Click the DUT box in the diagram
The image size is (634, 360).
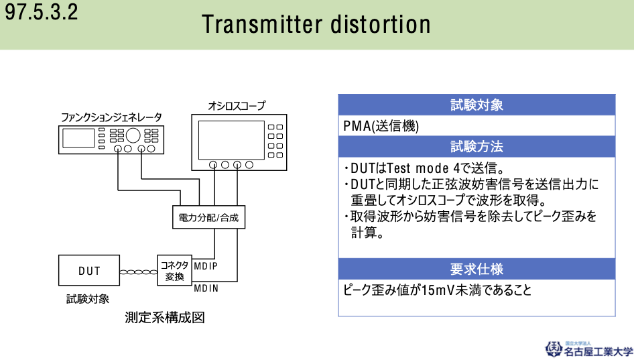(x=89, y=270)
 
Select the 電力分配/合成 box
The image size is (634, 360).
(x=208, y=217)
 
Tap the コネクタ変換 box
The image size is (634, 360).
(x=174, y=270)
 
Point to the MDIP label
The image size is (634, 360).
(x=206, y=265)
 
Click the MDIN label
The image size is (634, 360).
(x=206, y=288)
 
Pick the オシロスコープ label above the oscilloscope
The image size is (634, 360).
(x=237, y=105)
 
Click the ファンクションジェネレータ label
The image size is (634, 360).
(x=111, y=117)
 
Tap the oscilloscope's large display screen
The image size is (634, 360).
(x=231, y=140)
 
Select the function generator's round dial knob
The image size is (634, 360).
(x=133, y=135)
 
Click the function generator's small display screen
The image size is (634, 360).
(x=78, y=138)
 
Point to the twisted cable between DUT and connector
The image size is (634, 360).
(x=138, y=272)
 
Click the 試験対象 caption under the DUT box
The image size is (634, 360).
(x=88, y=299)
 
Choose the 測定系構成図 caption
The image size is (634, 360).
(x=165, y=318)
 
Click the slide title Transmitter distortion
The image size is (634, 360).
(x=316, y=24)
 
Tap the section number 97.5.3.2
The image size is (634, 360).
(x=41, y=11)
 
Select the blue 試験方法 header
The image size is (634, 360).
(x=477, y=146)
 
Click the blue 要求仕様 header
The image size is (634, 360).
(x=477, y=269)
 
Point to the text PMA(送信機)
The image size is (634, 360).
(x=381, y=126)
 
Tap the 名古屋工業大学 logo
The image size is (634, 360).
(x=588, y=349)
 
